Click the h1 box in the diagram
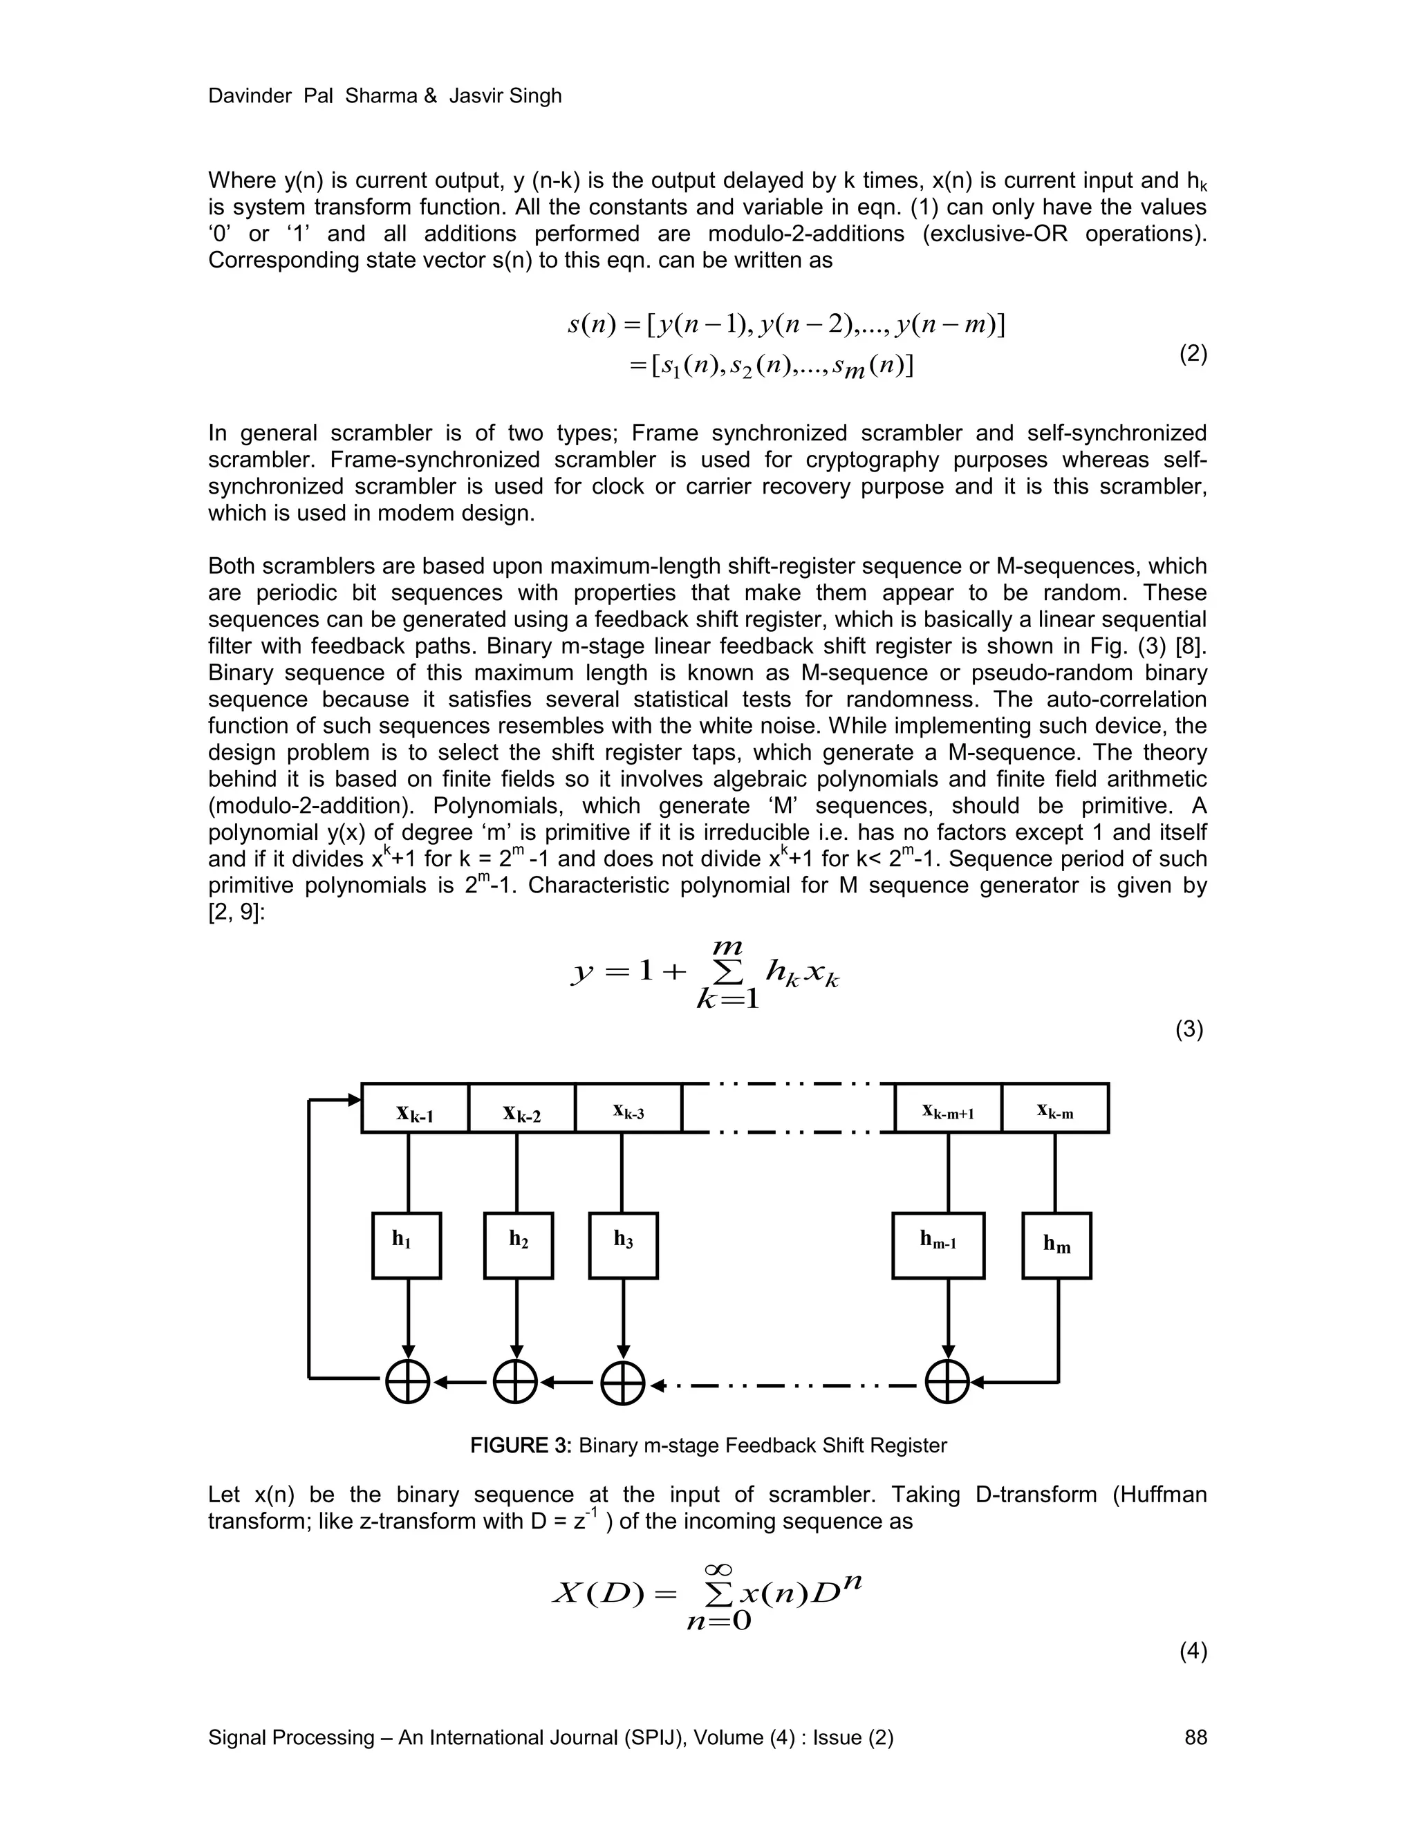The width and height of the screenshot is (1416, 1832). tap(407, 1246)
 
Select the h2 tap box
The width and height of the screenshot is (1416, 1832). tap(519, 1246)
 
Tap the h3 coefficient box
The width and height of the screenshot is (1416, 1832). tap(623, 1246)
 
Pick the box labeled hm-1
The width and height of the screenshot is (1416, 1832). tap(938, 1246)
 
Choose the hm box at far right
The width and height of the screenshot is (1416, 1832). tap(1057, 1246)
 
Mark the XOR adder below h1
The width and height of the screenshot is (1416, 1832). tap(408, 1381)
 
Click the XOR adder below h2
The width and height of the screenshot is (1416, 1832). tap(515, 1381)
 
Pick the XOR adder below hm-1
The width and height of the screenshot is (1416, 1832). tap(947, 1381)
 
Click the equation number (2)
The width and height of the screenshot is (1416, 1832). tap(1193, 354)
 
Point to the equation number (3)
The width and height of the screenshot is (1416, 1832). tap(1189, 1029)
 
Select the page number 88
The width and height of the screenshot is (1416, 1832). tap(1195, 1737)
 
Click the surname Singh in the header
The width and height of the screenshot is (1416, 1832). tap(534, 97)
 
